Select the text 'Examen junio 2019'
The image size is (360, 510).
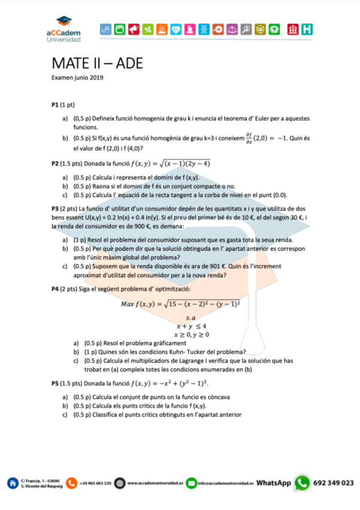point(78,78)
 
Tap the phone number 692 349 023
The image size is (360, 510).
point(334,483)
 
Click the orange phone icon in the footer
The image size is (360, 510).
point(72,483)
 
